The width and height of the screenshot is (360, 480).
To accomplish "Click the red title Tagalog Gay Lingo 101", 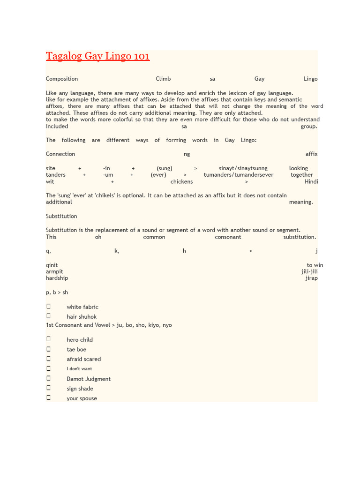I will (97, 57).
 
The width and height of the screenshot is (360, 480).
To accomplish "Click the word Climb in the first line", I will (163, 79).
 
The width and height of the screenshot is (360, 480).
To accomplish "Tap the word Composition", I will (62, 79).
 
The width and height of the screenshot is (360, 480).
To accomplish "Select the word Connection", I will (60, 154).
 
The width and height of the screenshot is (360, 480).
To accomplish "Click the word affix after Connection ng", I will (311, 154).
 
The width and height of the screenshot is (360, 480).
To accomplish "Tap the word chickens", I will (181, 181).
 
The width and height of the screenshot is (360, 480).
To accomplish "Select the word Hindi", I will (311, 181).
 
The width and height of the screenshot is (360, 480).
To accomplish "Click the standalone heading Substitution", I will (61, 216).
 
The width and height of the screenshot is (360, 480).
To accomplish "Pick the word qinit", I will (52, 265).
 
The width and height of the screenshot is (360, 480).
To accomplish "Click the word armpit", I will (54, 271).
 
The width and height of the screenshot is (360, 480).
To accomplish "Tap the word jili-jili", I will (309, 271).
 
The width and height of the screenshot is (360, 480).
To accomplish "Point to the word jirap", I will (311, 278).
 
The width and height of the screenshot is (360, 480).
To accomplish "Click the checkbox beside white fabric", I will (48, 307).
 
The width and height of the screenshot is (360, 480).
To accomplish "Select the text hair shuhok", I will (82, 317).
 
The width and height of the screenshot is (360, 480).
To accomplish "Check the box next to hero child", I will (48, 339).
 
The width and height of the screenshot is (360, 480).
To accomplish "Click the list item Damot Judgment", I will (89, 379).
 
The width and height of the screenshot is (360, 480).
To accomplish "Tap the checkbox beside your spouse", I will (48, 398).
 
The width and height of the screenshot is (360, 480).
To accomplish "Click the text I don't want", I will (79, 369).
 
